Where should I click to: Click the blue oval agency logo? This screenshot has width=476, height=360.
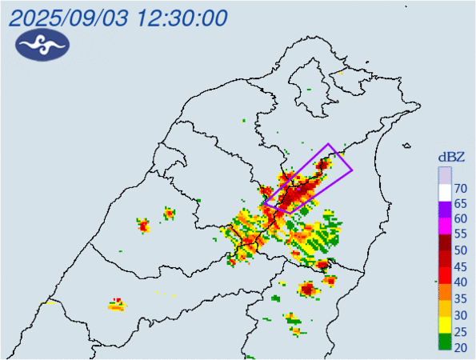(x=42, y=46)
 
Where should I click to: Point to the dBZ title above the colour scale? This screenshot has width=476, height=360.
(x=450, y=157)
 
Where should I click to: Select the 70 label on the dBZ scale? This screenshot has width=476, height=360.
(x=461, y=189)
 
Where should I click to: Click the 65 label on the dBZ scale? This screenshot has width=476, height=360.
(x=461, y=204)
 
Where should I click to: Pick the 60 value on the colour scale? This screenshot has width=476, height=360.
(x=461, y=219)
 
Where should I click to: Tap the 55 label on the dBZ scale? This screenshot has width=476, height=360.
(x=461, y=234)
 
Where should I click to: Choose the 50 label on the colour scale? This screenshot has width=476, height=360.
(x=461, y=250)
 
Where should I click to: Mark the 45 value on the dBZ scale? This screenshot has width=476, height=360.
(x=461, y=266)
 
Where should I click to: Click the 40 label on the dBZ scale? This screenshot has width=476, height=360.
(x=461, y=282)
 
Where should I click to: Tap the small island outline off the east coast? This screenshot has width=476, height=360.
(x=409, y=146)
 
